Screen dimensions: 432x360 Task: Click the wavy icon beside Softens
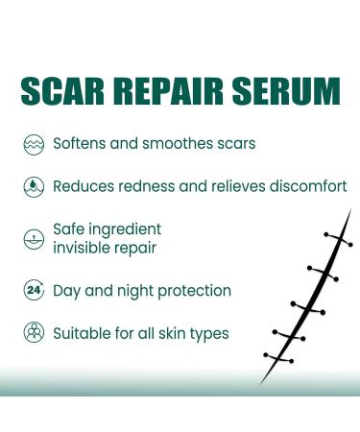point(33,145)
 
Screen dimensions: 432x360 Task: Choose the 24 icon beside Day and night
point(33,291)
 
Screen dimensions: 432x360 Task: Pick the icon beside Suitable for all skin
point(33,333)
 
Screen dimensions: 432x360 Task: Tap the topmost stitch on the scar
point(336,238)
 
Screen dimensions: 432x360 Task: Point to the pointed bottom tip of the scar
point(263,384)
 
